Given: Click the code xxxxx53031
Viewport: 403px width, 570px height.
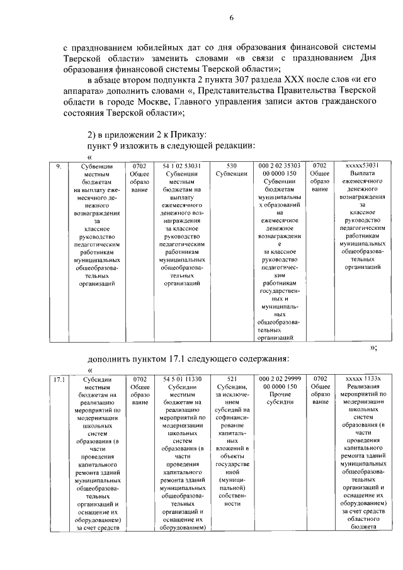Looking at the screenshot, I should point(362,166).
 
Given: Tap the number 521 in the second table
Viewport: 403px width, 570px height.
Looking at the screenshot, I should point(231,379).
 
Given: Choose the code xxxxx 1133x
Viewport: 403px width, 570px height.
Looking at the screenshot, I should point(362,379).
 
